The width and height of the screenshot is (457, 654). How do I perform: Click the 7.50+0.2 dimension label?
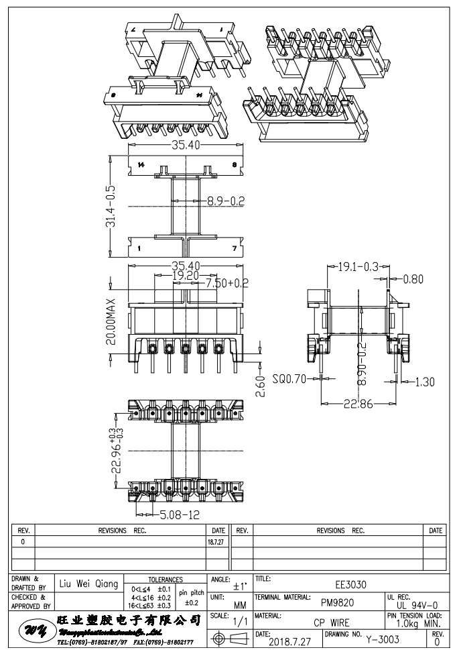[x=218, y=283]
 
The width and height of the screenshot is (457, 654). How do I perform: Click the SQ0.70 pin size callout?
[x=291, y=378]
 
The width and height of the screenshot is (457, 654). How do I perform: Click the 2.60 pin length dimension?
[x=262, y=388]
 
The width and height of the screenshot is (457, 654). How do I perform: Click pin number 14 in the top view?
[x=141, y=164]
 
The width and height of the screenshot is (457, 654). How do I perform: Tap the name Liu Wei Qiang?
[x=88, y=584]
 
